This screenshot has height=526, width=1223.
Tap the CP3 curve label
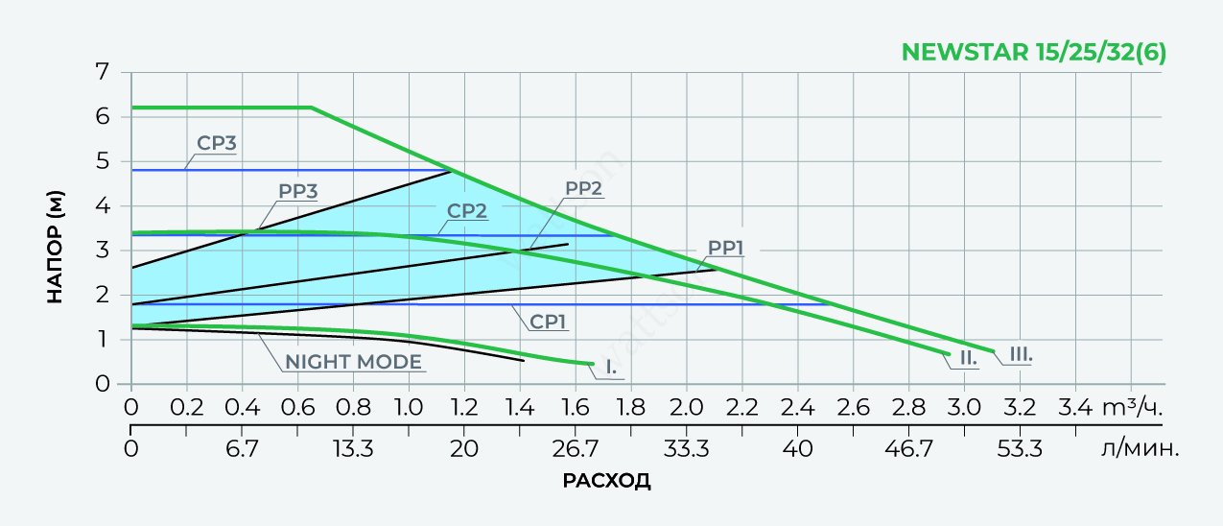217,144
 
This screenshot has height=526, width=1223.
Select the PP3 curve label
298,190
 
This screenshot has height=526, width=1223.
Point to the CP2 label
467,210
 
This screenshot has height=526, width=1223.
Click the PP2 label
583,188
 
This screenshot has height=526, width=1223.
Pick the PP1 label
726,248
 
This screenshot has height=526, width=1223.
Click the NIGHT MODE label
352,362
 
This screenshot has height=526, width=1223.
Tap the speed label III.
1021,355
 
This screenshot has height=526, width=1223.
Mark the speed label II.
967,358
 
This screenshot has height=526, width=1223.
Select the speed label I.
611,366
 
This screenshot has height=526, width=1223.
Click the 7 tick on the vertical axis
102,72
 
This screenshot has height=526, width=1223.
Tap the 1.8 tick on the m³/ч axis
630,407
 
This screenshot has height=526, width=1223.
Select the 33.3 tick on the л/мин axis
686,447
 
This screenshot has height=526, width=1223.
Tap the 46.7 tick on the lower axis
908,447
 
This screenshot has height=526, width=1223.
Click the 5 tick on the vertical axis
102,161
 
